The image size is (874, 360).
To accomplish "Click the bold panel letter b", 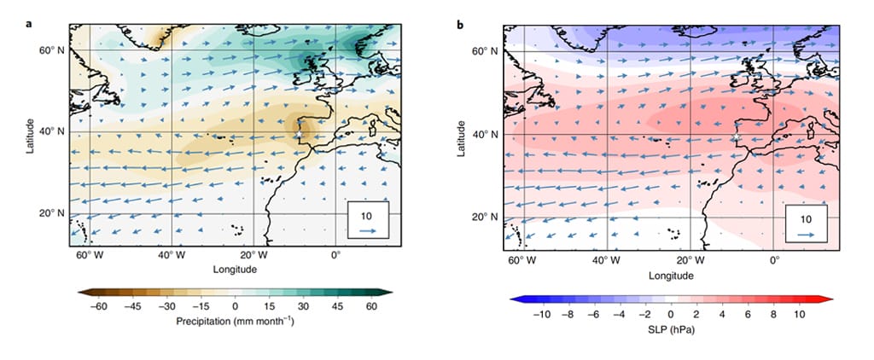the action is tap(461, 25).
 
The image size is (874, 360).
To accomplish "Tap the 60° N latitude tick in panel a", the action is tap(54, 49).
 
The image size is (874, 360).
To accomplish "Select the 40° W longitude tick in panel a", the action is tap(172, 256).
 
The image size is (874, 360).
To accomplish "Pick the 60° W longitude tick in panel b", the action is tap(523, 259).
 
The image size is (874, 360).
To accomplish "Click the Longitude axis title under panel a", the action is tap(235, 270).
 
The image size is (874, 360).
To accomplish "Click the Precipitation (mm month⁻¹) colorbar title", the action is tap(235, 322).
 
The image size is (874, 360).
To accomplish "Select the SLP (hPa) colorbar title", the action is tap(671, 330).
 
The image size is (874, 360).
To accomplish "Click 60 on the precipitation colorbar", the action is tap(371, 306).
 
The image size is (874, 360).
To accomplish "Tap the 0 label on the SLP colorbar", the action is tap(671, 314).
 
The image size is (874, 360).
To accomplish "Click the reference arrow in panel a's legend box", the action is tap(367, 229).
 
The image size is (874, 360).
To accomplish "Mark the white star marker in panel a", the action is tap(300, 135).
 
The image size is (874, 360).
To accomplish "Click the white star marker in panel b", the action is tap(737, 136).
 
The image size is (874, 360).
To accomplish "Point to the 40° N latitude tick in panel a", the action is tap(54, 131).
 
